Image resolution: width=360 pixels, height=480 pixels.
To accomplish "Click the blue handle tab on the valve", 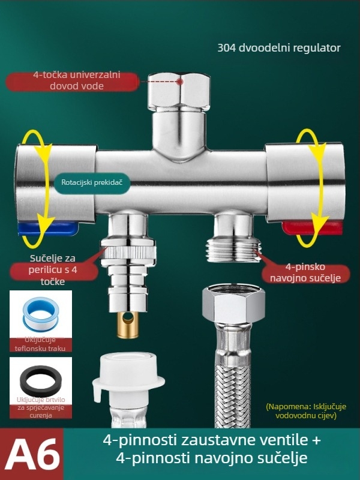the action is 47,229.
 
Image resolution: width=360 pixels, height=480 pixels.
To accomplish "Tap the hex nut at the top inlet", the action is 179,92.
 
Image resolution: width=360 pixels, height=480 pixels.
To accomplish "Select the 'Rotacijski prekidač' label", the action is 92,182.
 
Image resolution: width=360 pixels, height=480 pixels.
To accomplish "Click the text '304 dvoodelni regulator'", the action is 279,48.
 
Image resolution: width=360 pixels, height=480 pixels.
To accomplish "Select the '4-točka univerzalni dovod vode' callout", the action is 73,81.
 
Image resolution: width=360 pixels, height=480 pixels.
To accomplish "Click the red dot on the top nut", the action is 181,82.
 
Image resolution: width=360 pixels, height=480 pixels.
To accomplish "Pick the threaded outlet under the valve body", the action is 234,250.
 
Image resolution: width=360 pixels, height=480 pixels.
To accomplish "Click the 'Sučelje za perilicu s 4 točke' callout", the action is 53,270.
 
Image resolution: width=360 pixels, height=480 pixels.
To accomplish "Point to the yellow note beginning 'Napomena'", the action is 306,411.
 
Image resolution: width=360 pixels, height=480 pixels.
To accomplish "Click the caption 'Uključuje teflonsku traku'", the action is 40,344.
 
